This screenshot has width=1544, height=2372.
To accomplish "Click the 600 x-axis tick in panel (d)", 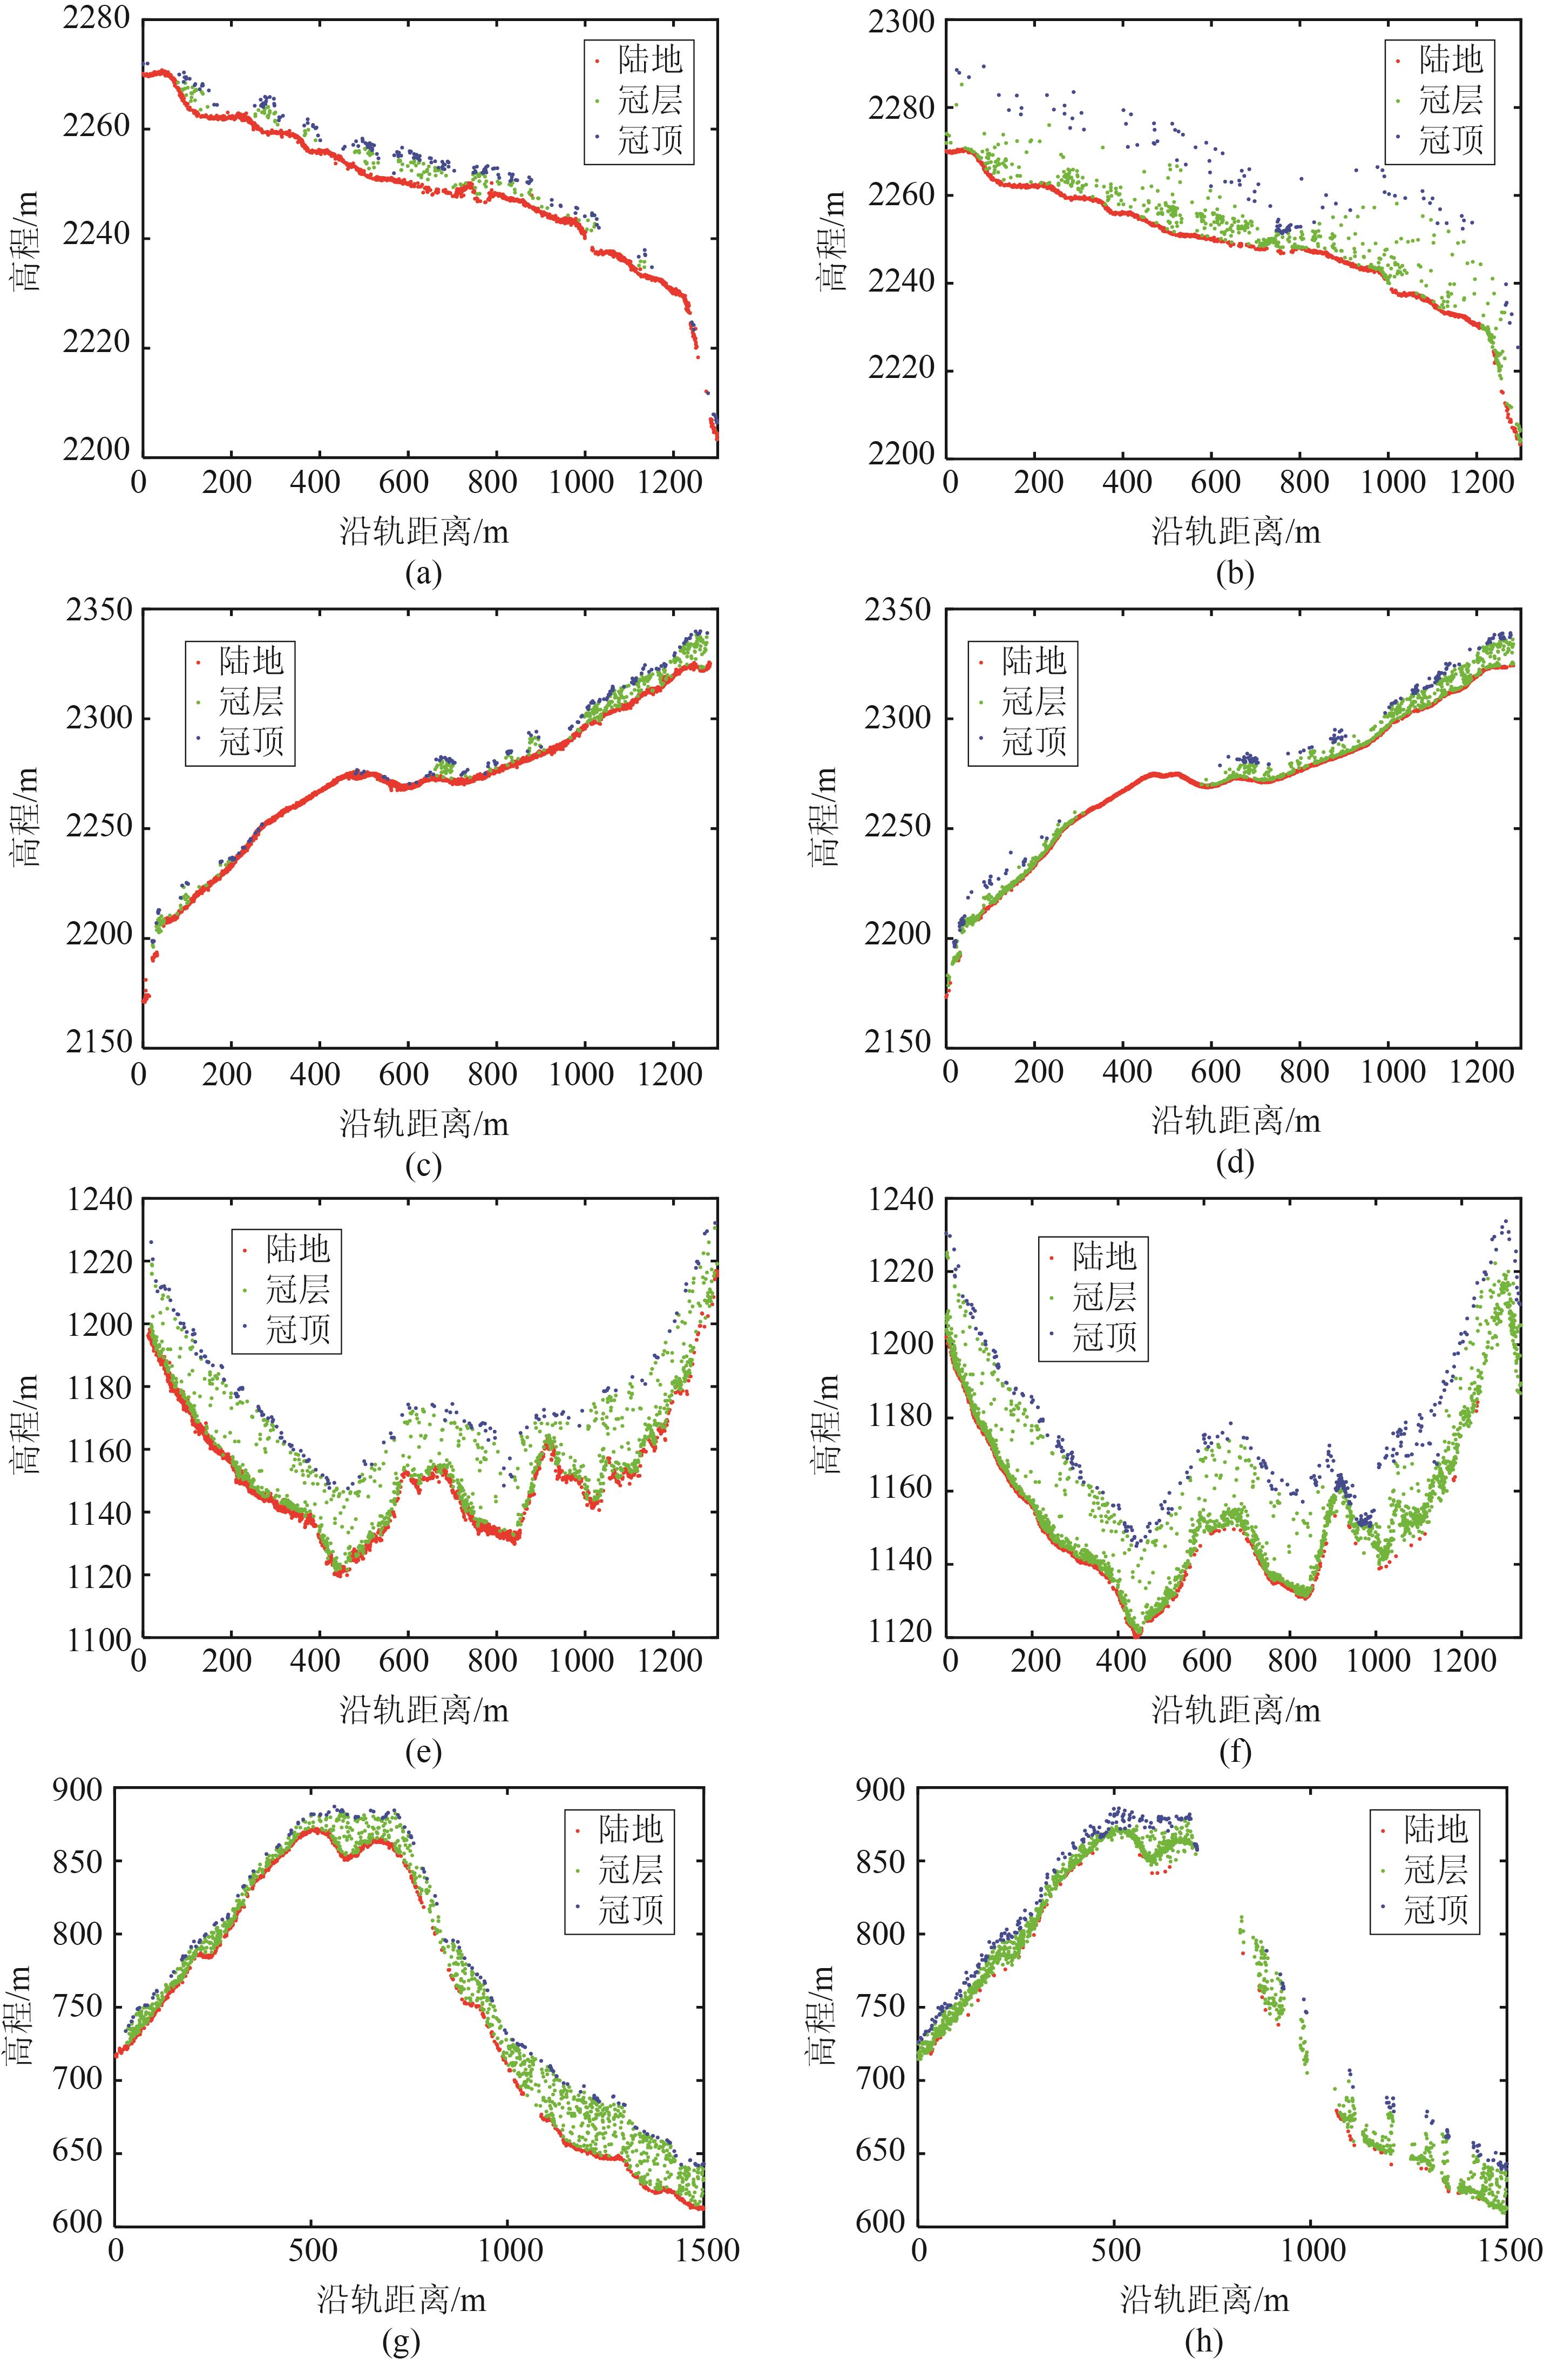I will [1215, 1072].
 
